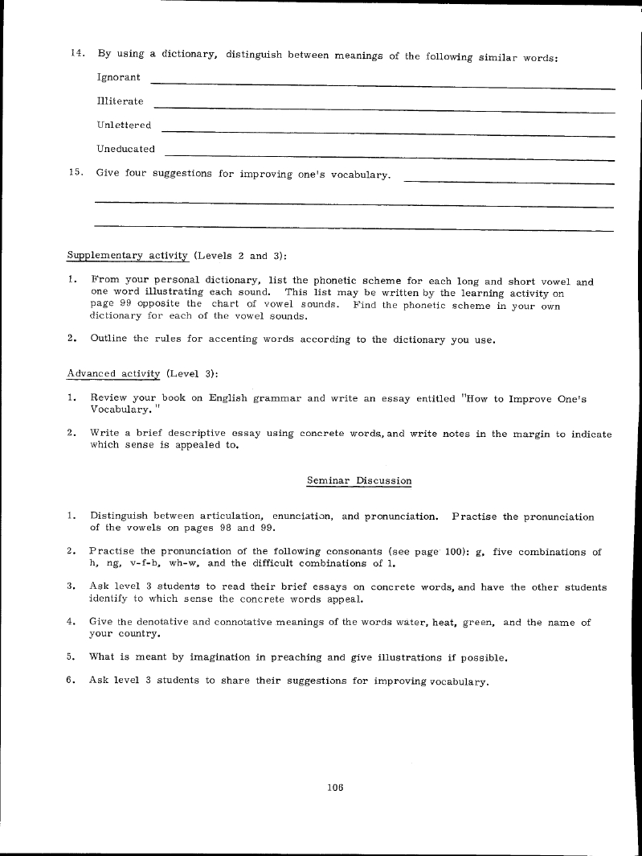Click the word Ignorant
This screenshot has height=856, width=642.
pos(118,77)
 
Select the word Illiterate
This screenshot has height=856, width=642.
pos(120,101)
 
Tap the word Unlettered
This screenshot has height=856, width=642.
pos(124,125)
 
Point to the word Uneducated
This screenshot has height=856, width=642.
pos(125,149)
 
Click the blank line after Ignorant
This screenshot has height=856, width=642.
pos(382,84)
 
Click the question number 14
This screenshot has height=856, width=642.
pos(77,54)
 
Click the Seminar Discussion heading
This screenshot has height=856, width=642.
pos(359,480)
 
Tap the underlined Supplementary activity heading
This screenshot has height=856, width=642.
pos(127,256)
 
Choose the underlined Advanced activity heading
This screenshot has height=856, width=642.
pos(113,374)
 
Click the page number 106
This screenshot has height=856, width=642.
pos(335,788)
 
